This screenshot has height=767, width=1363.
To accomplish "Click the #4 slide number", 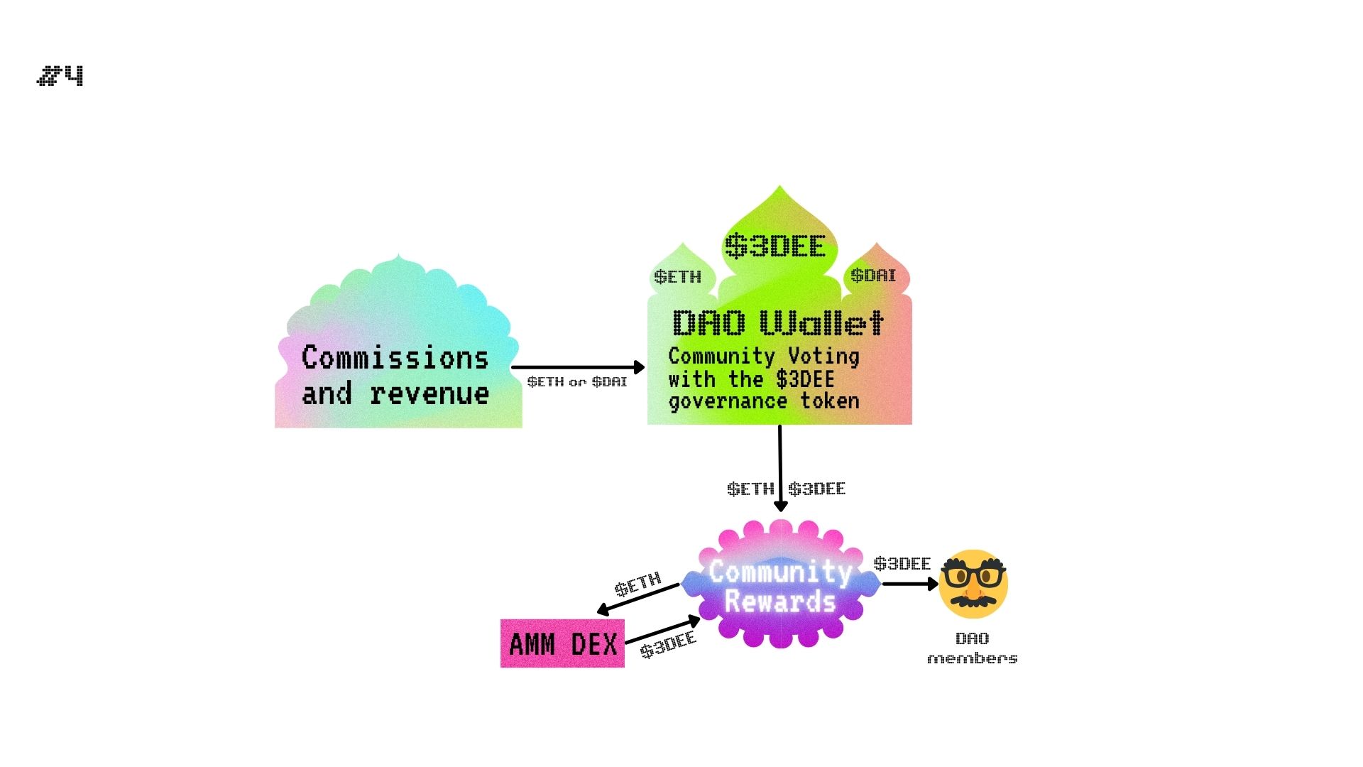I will pyautogui.click(x=60, y=75).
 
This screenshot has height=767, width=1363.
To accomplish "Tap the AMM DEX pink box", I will pyautogui.click(x=562, y=643).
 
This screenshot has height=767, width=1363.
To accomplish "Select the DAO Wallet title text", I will pyautogui.click(x=778, y=323).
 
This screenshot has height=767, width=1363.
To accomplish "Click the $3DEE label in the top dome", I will pyautogui.click(x=775, y=246).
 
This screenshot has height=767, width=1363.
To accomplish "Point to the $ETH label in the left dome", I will pyautogui.click(x=677, y=276).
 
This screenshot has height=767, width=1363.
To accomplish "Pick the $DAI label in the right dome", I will pyautogui.click(x=873, y=275).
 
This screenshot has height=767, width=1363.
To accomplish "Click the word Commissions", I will pyautogui.click(x=395, y=357).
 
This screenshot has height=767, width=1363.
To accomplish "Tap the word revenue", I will pyautogui.click(x=429, y=393).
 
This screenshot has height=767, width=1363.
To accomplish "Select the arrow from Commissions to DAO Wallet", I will pyautogui.click(x=577, y=367).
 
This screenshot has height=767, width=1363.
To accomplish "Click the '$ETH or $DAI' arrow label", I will pyautogui.click(x=577, y=382).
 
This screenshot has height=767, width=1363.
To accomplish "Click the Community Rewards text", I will pyautogui.click(x=780, y=586).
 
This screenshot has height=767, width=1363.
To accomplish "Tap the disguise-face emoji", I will pyautogui.click(x=973, y=583).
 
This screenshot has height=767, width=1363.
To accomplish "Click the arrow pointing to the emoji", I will pyautogui.click(x=909, y=584).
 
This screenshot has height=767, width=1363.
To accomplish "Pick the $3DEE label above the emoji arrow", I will pyautogui.click(x=902, y=564).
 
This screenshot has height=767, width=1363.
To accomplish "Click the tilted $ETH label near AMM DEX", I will pyautogui.click(x=637, y=584).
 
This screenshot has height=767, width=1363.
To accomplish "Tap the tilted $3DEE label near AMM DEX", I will pyautogui.click(x=668, y=645).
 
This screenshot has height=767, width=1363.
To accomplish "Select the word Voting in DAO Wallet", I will pyautogui.click(x=823, y=356).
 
